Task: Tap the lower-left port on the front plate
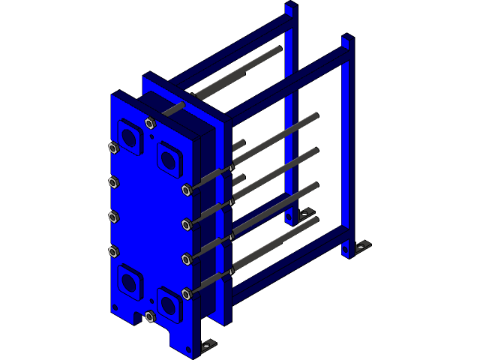130,281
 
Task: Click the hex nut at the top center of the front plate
150,123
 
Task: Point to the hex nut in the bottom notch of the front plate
149,316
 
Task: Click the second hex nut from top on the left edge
114,182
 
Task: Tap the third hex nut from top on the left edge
114,217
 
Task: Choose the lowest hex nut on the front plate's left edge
114,251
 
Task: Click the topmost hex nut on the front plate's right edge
186,190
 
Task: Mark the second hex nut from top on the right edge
186,224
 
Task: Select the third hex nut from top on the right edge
186,259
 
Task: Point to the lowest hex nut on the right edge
186,294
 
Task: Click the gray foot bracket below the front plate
207,344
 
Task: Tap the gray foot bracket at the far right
363,246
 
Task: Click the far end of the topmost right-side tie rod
315,116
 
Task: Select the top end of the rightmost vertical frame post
346,40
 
